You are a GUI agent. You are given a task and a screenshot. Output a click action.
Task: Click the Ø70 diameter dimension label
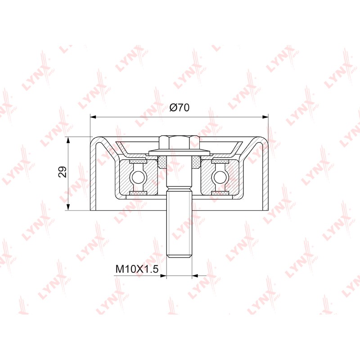180,107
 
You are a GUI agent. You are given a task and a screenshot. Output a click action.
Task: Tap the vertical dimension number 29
63,171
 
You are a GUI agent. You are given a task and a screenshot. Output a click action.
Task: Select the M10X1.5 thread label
137,269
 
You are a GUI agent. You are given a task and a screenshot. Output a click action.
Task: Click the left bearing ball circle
138,177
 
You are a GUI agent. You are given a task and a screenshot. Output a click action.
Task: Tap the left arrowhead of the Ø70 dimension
93,117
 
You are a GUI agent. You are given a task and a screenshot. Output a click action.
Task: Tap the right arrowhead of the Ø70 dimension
265,117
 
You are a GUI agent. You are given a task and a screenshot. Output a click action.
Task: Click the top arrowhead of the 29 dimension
68,140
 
